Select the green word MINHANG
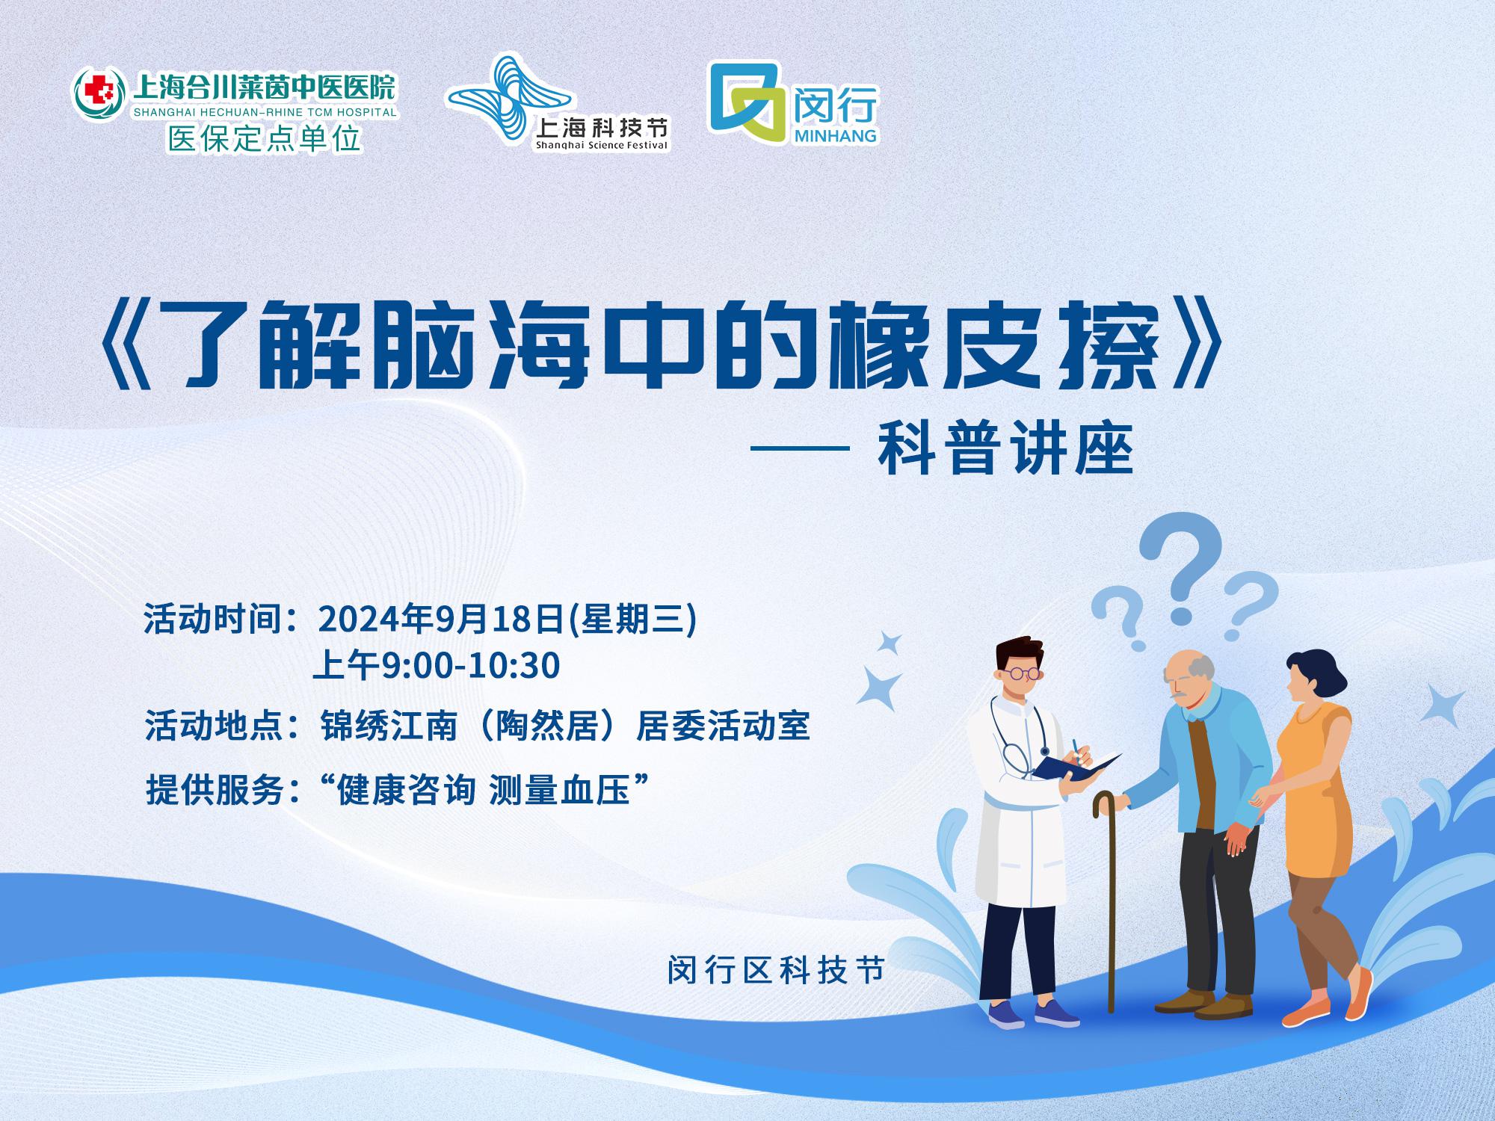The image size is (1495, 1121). pyautogui.click(x=833, y=136)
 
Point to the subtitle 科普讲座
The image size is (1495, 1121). pyautogui.click(x=1006, y=450)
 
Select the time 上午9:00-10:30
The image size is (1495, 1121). pyautogui.click(x=437, y=665)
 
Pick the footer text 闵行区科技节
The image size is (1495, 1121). pyautogui.click(x=776, y=971)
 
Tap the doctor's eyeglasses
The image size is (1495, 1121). pyautogui.click(x=1020, y=673)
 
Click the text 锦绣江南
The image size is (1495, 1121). pyautogui.click(x=389, y=726)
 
